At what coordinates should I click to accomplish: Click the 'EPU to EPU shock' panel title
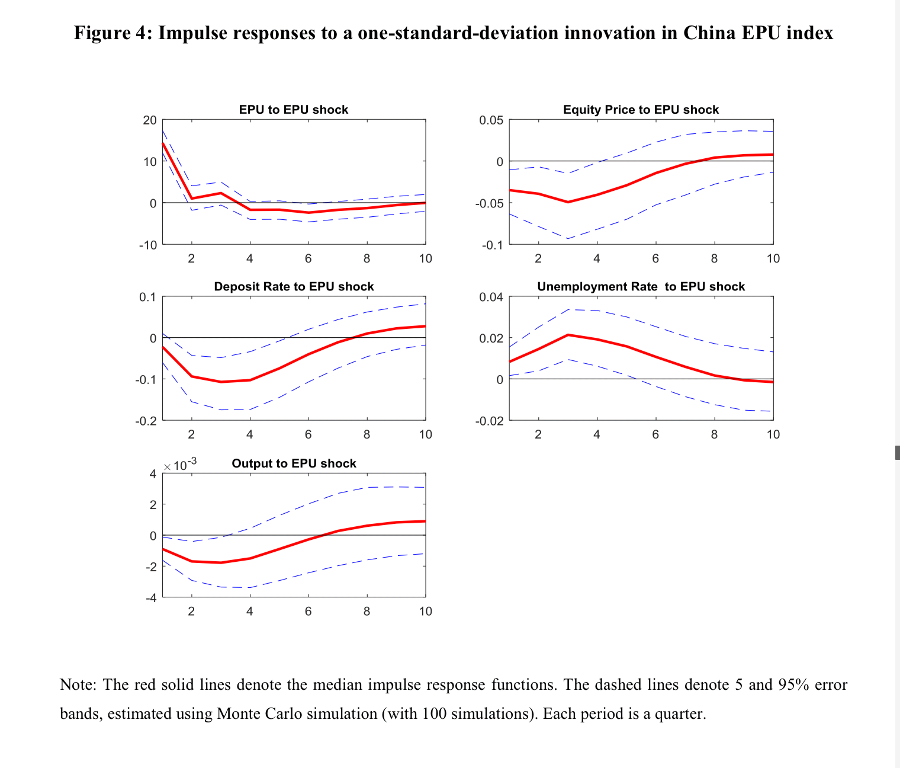pos(294,110)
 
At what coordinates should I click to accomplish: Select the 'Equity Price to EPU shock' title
pos(641,110)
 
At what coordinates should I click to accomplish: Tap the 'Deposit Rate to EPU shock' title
pos(294,287)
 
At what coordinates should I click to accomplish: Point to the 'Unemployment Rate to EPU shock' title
pos(641,287)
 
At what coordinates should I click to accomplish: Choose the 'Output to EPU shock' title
pos(294,463)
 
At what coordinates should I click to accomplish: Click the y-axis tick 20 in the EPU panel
pos(150,120)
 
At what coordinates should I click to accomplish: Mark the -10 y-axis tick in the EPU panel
pos(148,245)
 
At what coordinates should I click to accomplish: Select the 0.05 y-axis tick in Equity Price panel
pos(491,120)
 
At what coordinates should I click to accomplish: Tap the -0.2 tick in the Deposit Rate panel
pos(146,421)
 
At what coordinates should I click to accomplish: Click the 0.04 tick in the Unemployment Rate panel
pos(491,297)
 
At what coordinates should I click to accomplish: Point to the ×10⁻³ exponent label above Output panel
pos(180,465)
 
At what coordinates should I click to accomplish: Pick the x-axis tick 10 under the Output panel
pos(425,612)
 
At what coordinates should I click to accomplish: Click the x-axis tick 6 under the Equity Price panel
pos(655,259)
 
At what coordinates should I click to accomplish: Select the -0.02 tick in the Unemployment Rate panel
pos(489,421)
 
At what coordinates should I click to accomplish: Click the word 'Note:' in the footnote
pos(78,685)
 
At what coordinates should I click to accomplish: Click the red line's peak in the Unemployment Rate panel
pos(568,335)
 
